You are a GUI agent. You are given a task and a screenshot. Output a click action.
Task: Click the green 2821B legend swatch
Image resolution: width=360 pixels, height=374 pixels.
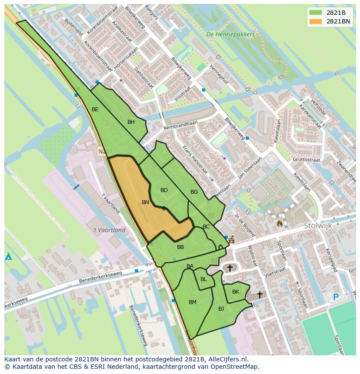point(316,13)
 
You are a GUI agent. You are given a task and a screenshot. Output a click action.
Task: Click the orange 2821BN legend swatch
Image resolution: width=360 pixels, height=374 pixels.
point(316,21)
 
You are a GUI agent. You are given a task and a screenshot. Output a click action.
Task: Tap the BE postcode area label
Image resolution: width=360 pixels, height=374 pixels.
point(95,109)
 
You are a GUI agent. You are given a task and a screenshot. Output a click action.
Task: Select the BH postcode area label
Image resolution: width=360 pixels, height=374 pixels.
point(131,122)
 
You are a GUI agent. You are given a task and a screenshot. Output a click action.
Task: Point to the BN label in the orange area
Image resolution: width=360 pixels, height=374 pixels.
point(145,202)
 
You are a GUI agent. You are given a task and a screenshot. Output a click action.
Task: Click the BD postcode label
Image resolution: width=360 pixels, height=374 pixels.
point(164,190)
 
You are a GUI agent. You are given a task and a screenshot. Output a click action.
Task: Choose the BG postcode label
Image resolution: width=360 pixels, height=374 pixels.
point(194,192)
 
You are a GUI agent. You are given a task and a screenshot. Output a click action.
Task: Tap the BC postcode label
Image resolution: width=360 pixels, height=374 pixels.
point(206,227)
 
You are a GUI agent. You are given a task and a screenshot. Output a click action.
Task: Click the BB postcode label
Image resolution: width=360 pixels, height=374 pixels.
point(180,247)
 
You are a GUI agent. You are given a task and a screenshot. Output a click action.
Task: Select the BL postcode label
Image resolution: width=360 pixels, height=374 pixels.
point(203,279)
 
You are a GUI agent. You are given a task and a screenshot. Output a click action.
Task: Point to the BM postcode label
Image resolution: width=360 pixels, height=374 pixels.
point(193,302)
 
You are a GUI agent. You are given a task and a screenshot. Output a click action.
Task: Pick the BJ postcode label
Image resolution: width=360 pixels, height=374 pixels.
point(221,309)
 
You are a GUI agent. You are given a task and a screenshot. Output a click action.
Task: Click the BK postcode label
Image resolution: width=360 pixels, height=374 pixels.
point(235,292)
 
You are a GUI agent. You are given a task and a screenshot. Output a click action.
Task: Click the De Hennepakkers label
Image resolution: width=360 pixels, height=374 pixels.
point(230,34)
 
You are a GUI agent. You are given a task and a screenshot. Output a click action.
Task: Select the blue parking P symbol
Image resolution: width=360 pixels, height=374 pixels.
point(335,297)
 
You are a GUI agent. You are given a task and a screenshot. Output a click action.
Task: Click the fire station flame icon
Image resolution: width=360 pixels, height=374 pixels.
point(280,223)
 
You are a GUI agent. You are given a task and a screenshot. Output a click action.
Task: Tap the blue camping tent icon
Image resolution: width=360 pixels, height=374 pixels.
point(8,256)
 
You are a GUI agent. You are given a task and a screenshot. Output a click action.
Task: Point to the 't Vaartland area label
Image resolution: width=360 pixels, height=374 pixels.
point(109,230)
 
